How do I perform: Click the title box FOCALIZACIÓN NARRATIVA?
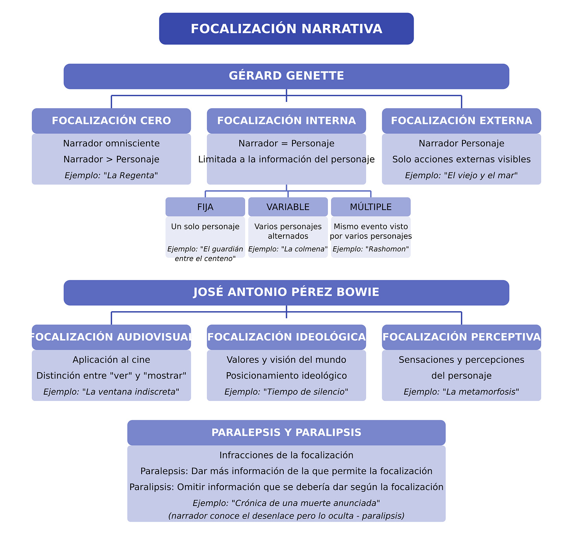[x=286, y=29]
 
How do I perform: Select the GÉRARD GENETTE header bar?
[x=286, y=76]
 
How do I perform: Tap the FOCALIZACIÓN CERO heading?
[x=111, y=121]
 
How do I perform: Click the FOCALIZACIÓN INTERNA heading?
[x=286, y=121]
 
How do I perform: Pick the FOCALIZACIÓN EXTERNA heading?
[x=461, y=121]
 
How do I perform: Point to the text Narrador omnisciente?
[x=111, y=144]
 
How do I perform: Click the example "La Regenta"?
[x=111, y=175]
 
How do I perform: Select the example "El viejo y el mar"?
[x=461, y=175]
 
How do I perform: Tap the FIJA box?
[x=205, y=207]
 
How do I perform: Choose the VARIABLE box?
[x=288, y=207]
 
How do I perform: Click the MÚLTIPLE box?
[x=371, y=207]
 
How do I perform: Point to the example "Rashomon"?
[x=371, y=249]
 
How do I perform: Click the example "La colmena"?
[x=288, y=249]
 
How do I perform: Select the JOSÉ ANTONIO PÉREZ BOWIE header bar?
[x=286, y=292]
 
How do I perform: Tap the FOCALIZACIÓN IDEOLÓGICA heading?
[x=286, y=337]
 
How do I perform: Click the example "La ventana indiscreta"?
[x=111, y=392]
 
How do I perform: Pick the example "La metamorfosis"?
[x=461, y=392]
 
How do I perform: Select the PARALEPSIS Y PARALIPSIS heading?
[x=286, y=432]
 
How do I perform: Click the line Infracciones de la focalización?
[x=286, y=455]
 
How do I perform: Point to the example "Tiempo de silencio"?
[x=286, y=392]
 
